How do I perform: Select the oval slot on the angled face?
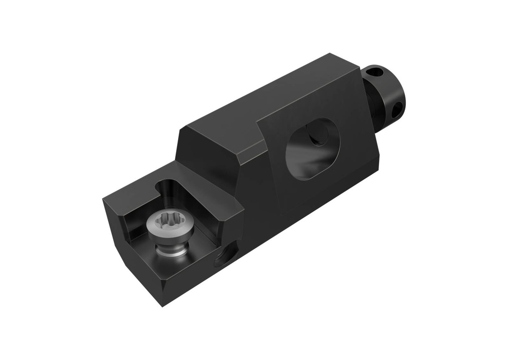tap(313, 149)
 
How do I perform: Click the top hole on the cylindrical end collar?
tap(376, 72)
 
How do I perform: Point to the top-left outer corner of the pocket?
tap(105, 199)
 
